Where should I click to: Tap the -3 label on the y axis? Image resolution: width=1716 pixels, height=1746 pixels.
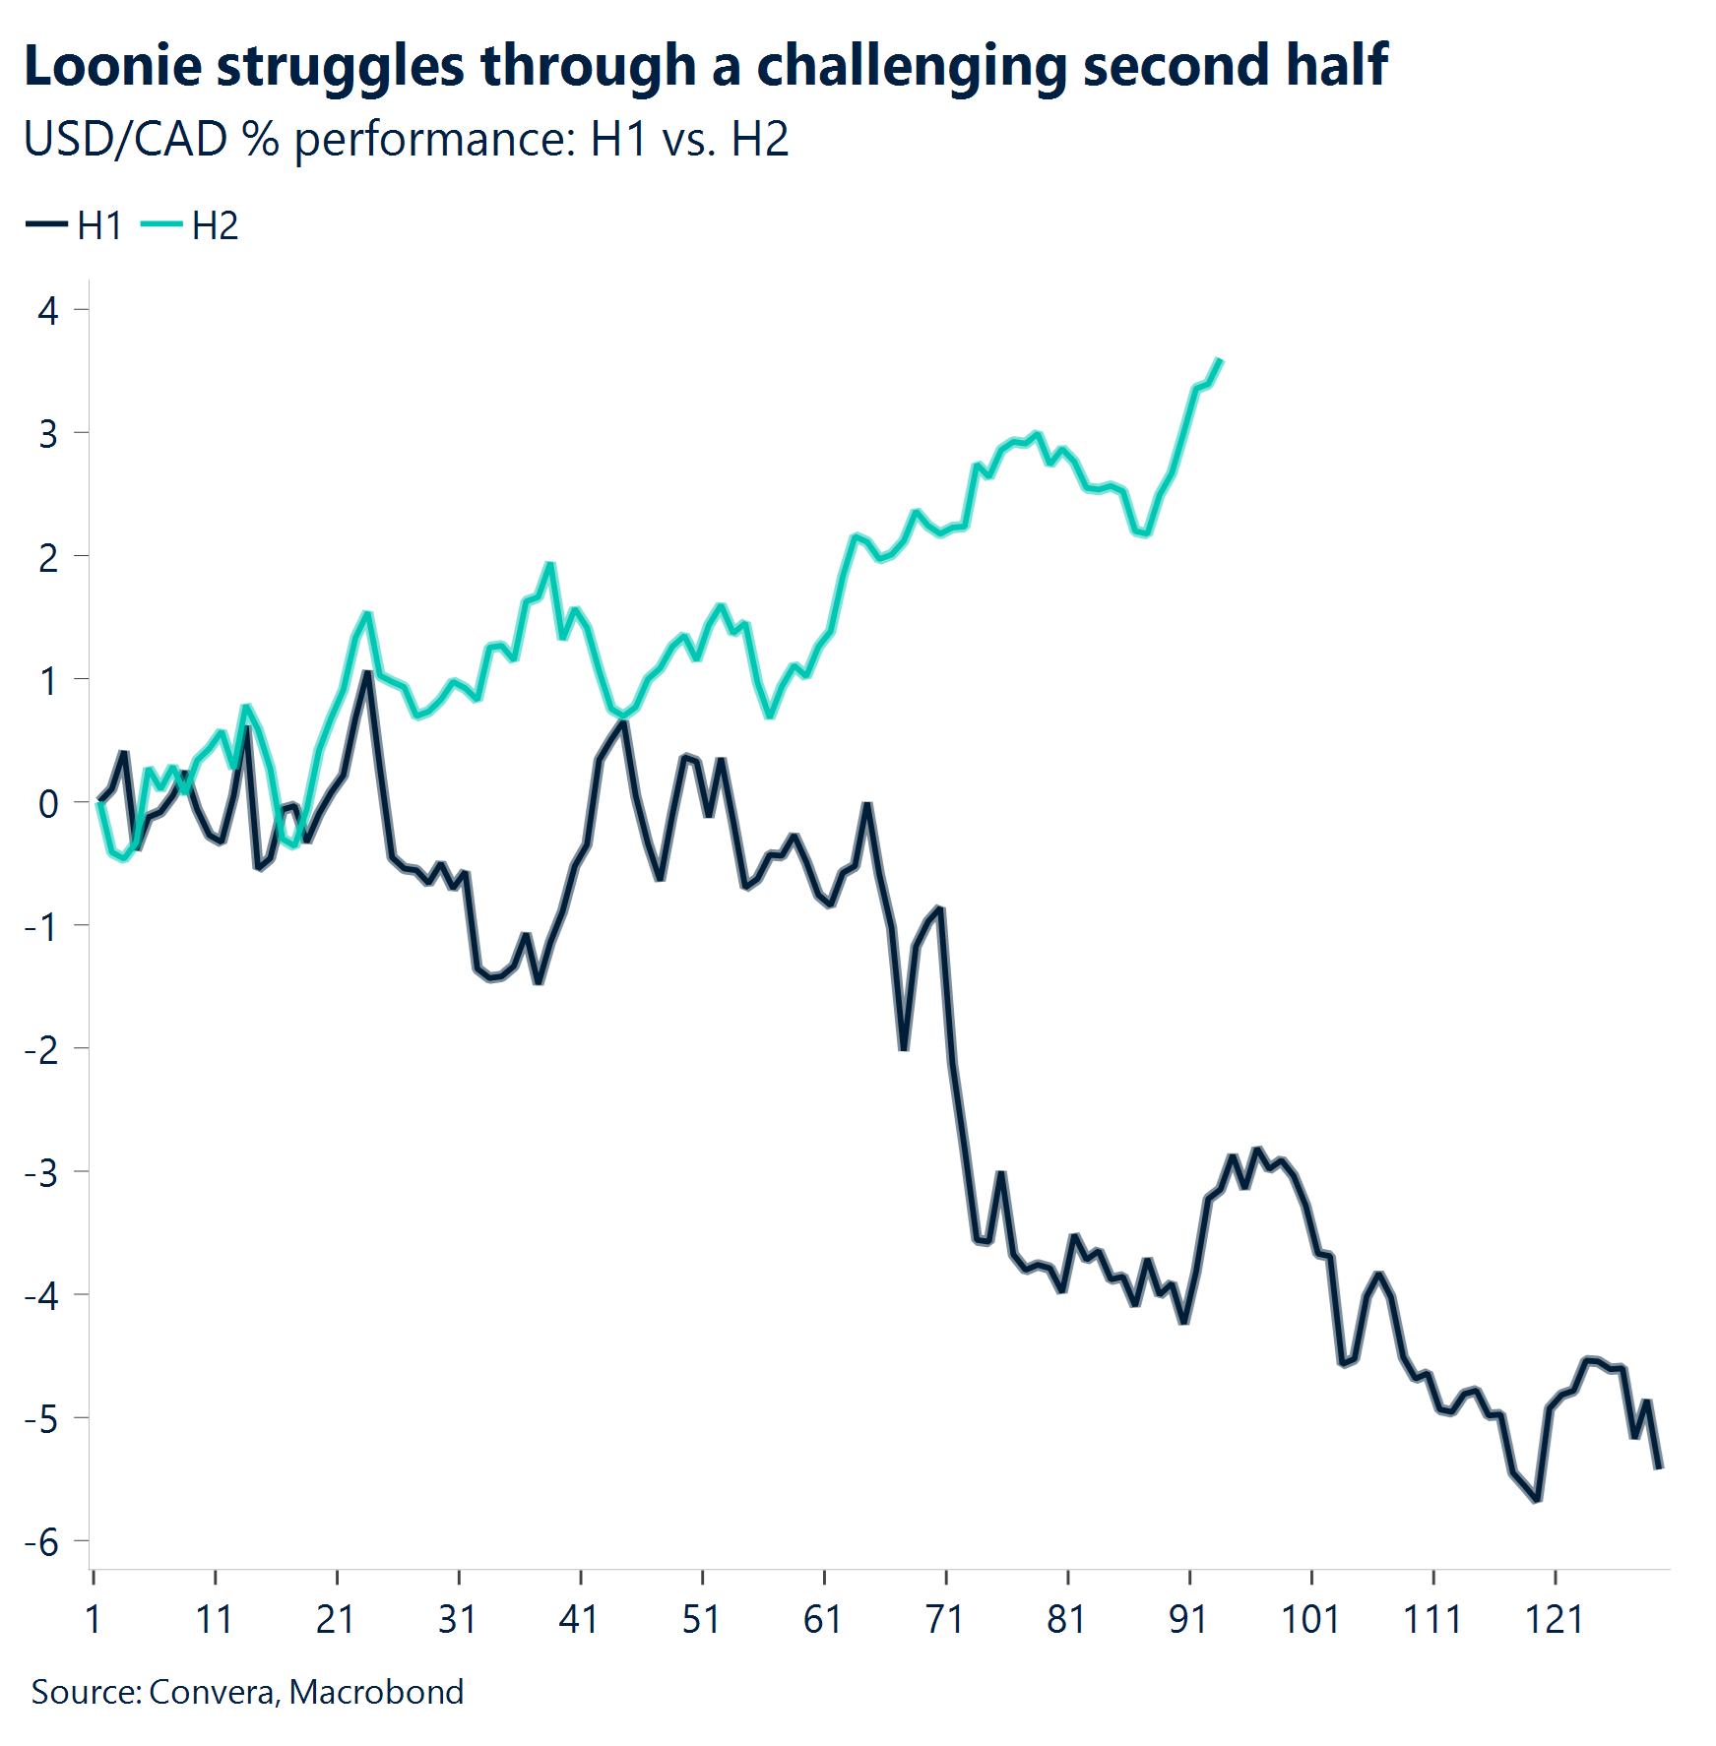tap(42, 1172)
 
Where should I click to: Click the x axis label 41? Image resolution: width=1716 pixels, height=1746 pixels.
tap(579, 1619)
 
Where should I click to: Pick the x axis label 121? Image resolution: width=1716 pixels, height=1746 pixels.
tap(1554, 1619)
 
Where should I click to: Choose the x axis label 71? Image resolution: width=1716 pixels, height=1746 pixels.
tap(944, 1619)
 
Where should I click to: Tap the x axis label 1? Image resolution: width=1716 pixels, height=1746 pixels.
tap(94, 1619)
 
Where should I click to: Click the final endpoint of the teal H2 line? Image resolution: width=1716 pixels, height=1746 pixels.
tap(1221, 360)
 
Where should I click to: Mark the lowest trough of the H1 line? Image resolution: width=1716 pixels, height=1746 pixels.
tap(1537, 1500)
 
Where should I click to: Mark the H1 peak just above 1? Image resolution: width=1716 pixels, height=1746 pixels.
tap(366, 673)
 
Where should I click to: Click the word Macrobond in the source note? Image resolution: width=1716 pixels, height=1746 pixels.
tap(376, 1691)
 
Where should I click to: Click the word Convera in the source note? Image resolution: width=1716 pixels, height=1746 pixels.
tap(213, 1691)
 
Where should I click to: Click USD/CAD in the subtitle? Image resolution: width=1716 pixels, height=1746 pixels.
tap(126, 139)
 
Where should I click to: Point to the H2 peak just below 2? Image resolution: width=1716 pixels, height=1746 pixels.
tap(549, 564)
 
